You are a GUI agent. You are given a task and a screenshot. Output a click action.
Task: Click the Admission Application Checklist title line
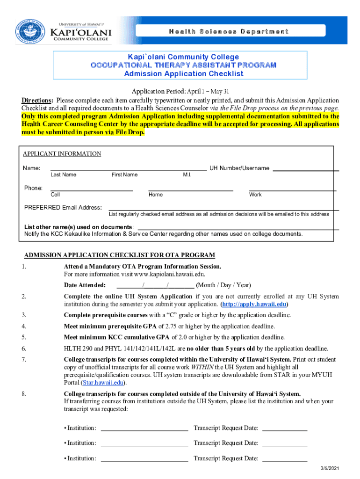tap(184, 73)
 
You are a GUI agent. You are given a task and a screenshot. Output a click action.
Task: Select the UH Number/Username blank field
tap(305, 168)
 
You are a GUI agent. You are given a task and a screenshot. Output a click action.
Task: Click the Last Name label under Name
tap(63, 175)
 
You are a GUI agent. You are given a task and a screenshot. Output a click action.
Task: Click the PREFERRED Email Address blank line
tap(223, 208)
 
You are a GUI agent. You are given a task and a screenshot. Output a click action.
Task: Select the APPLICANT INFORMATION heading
tap(62, 154)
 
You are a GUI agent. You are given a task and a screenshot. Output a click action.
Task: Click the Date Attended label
tap(85, 285)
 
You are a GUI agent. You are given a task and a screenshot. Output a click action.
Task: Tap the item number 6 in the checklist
tap(24, 348)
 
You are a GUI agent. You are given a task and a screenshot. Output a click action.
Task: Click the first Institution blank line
tap(144, 428)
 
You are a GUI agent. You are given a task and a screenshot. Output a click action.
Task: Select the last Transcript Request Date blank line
tap(285, 458)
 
